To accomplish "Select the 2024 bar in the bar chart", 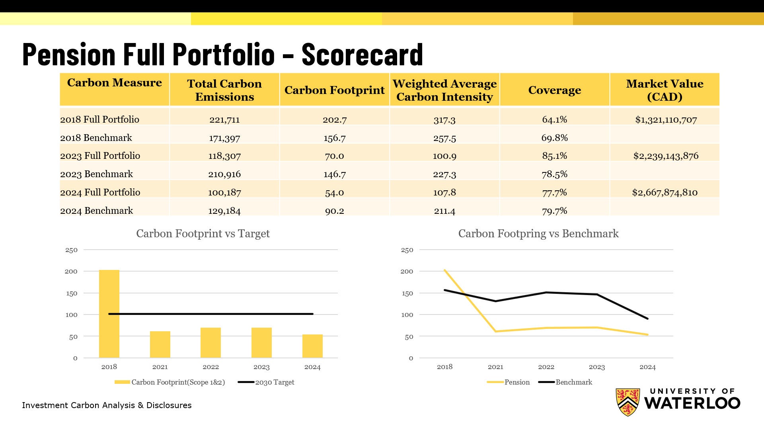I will click(x=312, y=346).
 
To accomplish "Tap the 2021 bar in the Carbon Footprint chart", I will click(x=160, y=344).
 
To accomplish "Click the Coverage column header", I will click(x=554, y=90).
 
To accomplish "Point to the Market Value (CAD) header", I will click(x=664, y=90).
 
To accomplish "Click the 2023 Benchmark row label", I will click(x=96, y=174).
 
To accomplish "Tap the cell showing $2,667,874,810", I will click(x=665, y=192).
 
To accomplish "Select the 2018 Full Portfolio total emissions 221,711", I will click(x=224, y=119).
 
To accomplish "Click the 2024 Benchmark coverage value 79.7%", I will click(x=554, y=211).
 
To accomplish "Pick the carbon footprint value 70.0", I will click(x=334, y=156).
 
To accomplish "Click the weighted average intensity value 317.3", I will click(x=444, y=119).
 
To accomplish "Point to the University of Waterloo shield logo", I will click(x=628, y=402).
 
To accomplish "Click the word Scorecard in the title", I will click(x=362, y=55).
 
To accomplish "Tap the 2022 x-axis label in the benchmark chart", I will click(x=546, y=367).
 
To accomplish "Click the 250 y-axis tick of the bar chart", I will click(x=71, y=250).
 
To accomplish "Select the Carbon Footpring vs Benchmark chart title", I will click(x=538, y=233).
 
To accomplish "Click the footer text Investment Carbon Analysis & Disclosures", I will click(x=107, y=405).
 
